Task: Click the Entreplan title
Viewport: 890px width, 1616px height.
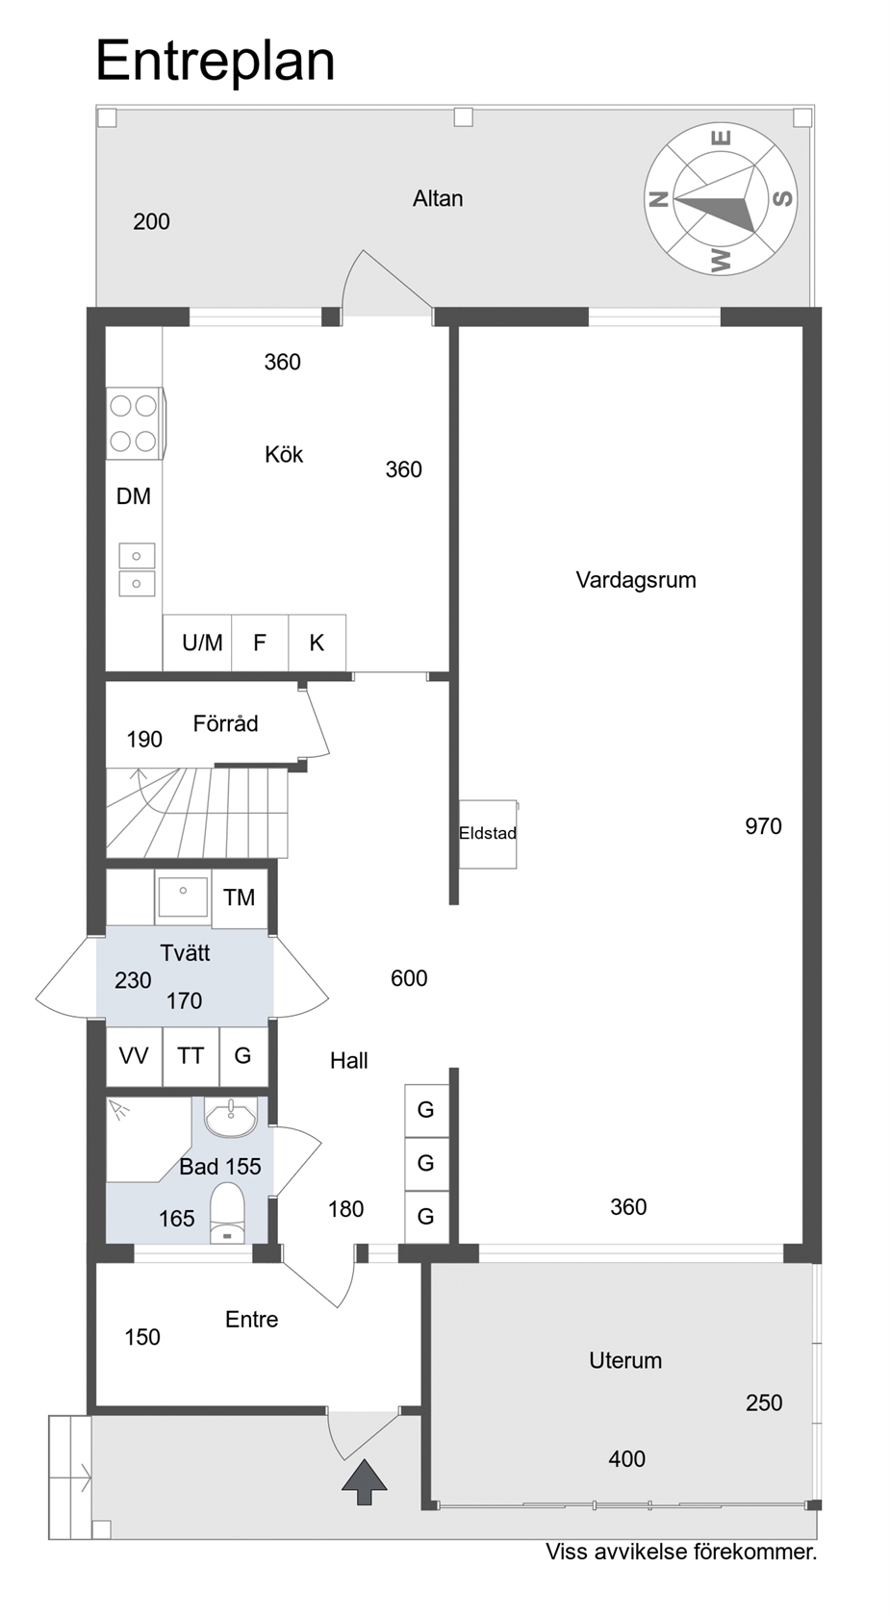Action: [216, 63]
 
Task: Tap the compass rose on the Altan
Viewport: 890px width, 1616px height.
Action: [721, 199]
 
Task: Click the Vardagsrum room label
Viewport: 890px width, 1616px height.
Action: [636, 581]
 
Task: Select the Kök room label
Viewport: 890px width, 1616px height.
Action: [284, 454]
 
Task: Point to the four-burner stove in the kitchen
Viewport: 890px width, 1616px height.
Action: [135, 423]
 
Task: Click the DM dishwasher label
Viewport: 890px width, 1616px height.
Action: [134, 496]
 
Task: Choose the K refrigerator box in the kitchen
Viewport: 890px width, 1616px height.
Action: [317, 643]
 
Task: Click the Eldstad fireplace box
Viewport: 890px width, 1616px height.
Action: [488, 833]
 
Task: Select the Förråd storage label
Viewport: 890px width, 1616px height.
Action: [225, 723]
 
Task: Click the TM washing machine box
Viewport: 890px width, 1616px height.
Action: [240, 898]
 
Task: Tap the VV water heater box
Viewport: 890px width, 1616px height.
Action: [135, 1056]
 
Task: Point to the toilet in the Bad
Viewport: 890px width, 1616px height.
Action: [227, 1216]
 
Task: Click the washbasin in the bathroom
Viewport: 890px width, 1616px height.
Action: [230, 1117]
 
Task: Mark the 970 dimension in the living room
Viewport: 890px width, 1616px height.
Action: [763, 826]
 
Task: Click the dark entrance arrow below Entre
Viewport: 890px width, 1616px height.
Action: [364, 1482]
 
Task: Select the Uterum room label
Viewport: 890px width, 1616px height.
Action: [625, 1360]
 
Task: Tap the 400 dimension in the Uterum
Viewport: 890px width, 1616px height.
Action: [626, 1458]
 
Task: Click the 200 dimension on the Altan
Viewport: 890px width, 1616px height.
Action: [152, 221]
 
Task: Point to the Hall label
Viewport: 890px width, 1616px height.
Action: [348, 1060]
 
